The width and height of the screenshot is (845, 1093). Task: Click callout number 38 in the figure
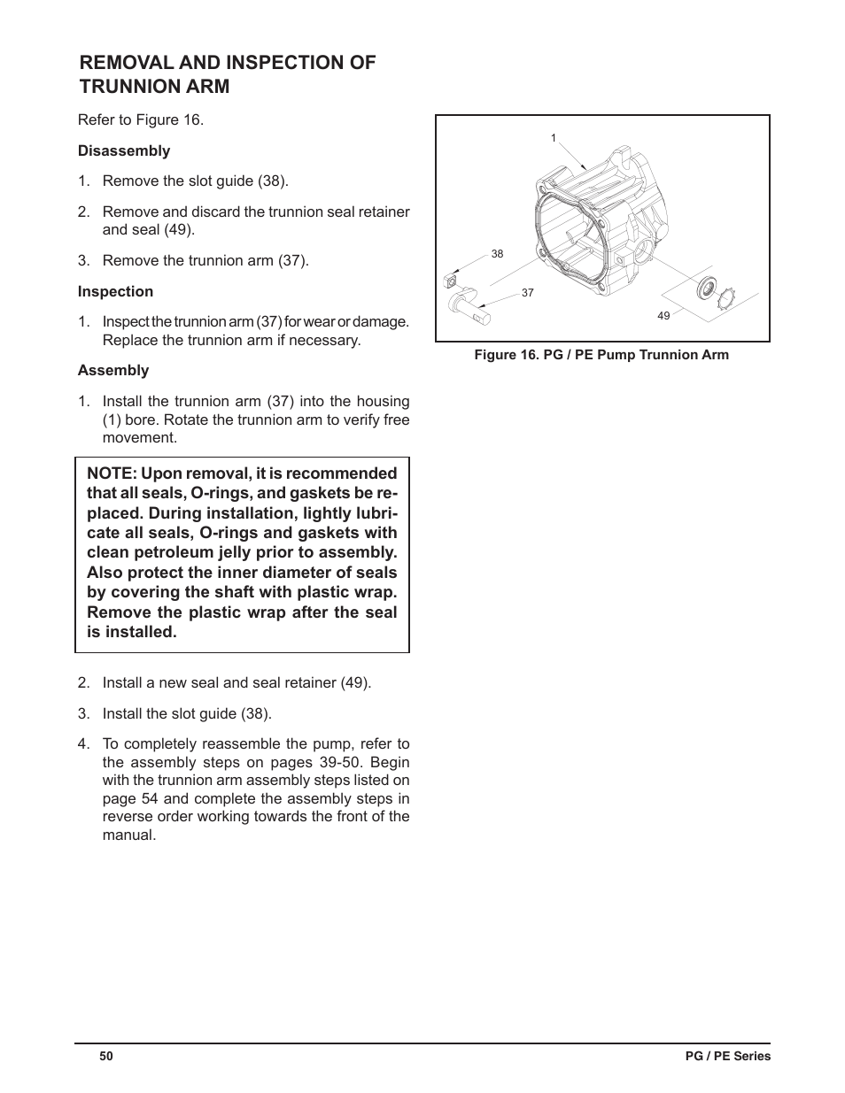coord(497,254)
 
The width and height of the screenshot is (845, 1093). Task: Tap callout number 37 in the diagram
coord(528,293)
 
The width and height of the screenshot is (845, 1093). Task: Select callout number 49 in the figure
coord(663,316)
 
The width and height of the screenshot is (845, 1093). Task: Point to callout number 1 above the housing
coord(554,138)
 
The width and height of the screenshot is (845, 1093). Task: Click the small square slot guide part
coord(449,281)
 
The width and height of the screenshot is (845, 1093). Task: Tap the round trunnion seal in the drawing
coord(708,287)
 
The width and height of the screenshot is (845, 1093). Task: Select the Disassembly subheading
coord(124,150)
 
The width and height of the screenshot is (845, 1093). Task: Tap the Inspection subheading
coord(115,291)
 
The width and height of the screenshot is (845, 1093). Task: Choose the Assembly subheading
coord(113,370)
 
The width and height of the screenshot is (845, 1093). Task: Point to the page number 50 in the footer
coord(106,1056)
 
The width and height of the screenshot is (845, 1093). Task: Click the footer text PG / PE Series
coord(729,1056)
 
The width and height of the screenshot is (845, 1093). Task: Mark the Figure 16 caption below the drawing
coord(601,355)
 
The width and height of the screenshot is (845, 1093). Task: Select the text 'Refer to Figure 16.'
coord(141,119)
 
